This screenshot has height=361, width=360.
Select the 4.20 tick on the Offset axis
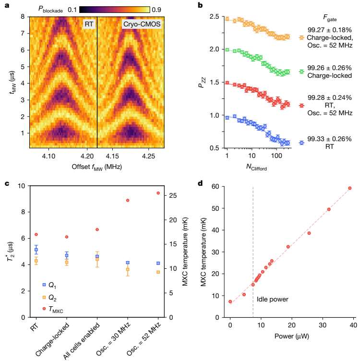[x=87, y=156]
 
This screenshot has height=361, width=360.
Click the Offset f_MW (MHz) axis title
[x=96, y=167]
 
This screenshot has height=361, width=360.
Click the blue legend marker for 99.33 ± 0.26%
[x=301, y=143]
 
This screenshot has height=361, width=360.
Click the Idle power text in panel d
[x=273, y=299]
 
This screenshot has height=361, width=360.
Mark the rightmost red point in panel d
[x=349, y=188]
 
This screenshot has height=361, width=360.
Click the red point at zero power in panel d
[x=230, y=301]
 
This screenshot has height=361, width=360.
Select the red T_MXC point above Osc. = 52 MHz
[x=158, y=193]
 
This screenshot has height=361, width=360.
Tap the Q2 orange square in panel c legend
[x=44, y=298]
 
